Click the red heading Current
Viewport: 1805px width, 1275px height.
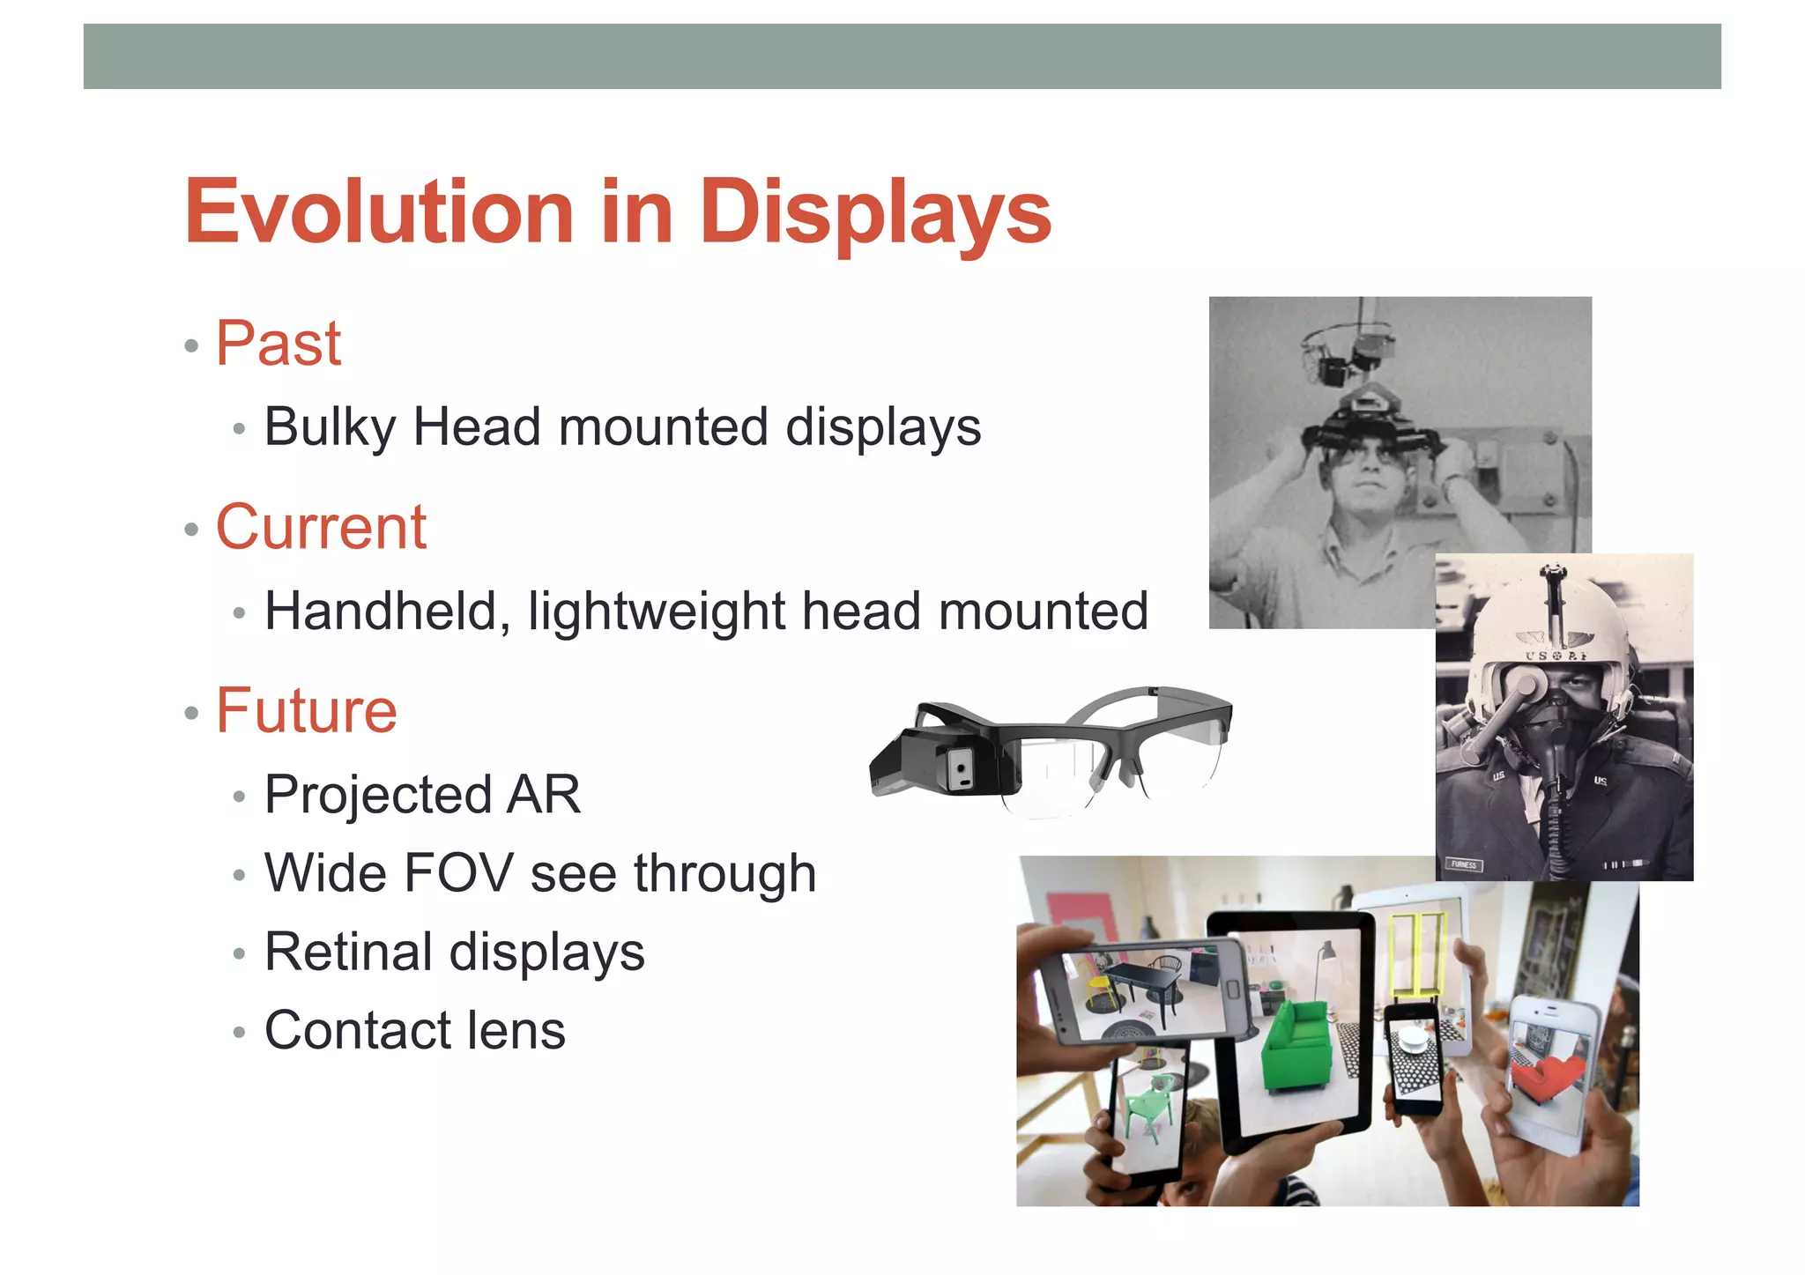(x=321, y=527)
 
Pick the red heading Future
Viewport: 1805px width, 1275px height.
(x=307, y=710)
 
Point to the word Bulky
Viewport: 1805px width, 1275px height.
(x=330, y=427)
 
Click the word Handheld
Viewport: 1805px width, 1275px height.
(x=382, y=611)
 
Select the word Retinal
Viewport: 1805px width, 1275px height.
(x=348, y=952)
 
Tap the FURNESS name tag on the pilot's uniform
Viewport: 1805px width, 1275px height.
(x=1464, y=864)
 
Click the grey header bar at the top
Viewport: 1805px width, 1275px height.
(x=902, y=56)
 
